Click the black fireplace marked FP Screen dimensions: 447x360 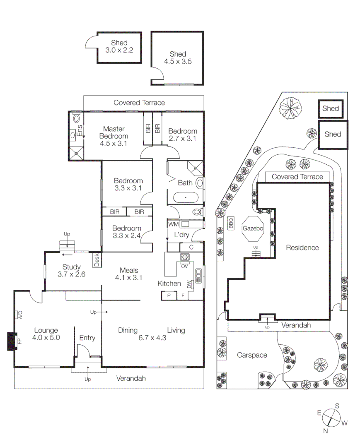(12, 341)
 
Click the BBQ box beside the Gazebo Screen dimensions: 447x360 (231, 223)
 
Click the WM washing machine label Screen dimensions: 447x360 (173, 224)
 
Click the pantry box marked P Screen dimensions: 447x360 (169, 296)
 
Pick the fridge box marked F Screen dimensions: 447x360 (182, 296)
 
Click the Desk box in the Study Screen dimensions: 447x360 (97, 260)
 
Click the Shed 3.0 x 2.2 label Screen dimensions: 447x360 (119, 47)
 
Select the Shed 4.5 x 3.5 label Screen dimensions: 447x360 (178, 58)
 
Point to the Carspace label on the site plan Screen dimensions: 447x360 (252, 355)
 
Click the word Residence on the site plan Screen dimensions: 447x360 (302, 248)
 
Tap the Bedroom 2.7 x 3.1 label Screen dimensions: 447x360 (182, 135)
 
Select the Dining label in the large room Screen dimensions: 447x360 (128, 330)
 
